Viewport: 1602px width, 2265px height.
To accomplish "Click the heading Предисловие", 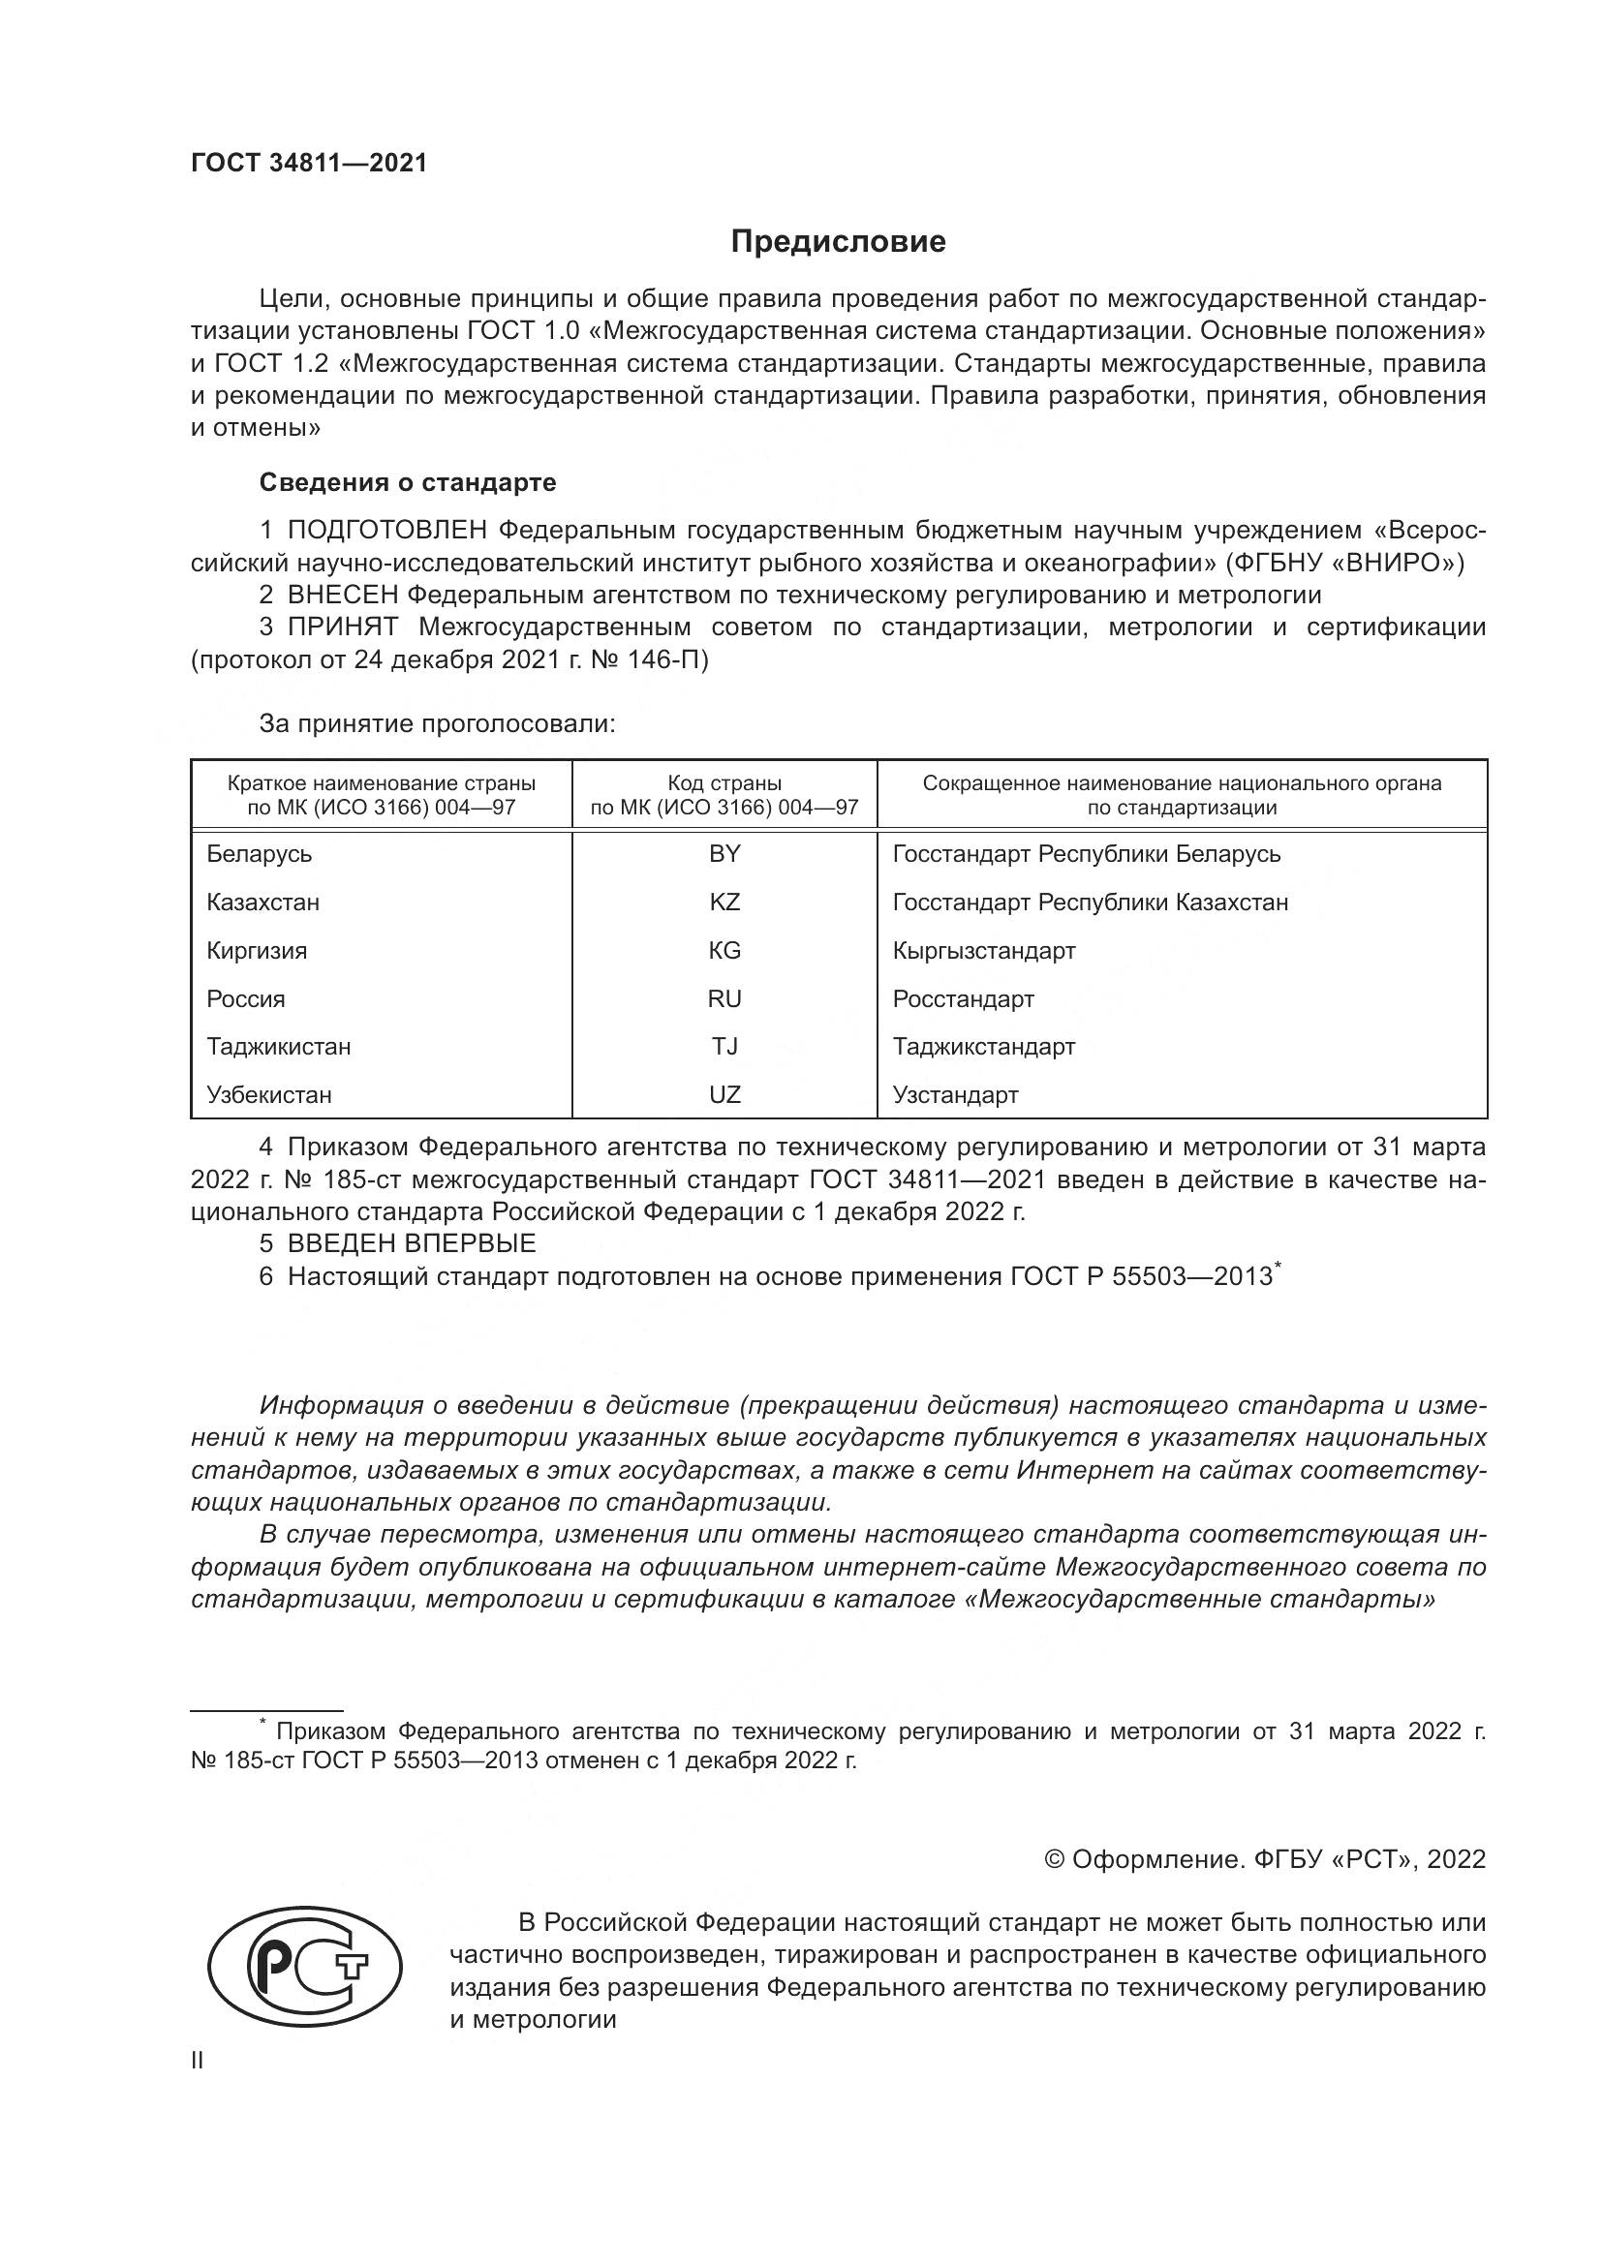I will point(838,242).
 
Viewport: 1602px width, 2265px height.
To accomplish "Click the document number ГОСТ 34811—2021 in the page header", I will point(309,163).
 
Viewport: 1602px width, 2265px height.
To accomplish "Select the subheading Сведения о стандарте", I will point(408,482).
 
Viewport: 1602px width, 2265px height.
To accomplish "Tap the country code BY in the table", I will point(724,854).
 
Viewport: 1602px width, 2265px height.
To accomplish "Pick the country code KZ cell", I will point(724,903).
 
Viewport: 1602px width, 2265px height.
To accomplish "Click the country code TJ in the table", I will point(724,1047).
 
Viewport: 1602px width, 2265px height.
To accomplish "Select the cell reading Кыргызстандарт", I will point(983,951).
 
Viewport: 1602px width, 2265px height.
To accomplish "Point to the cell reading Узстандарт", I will point(955,1095).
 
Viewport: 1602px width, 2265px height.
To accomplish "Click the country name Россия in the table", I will point(246,999).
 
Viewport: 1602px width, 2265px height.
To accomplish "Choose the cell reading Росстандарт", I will point(963,999).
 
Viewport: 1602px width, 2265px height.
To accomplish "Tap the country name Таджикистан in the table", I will point(278,1047).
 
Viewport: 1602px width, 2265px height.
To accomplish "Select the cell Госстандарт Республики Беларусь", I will point(1086,854).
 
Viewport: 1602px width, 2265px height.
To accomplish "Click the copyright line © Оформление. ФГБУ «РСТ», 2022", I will point(1264,1859).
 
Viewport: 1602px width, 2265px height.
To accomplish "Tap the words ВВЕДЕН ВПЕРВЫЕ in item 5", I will point(412,1243).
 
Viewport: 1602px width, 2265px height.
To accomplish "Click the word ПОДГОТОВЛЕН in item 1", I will point(386,531).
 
